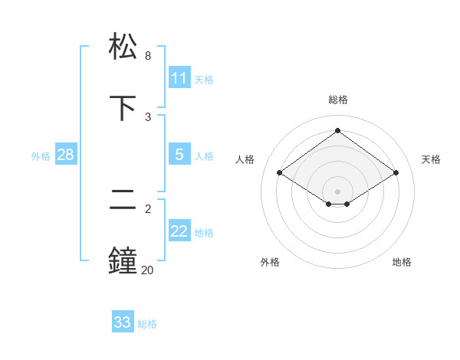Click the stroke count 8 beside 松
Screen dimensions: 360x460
pyautogui.click(x=148, y=56)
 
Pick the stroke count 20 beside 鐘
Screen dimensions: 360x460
pyautogui.click(x=146, y=270)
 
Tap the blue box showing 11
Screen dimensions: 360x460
pyautogui.click(x=179, y=78)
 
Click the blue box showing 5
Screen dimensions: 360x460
pyautogui.click(x=179, y=155)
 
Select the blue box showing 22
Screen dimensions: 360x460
pyautogui.click(x=179, y=231)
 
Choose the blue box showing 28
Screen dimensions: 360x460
pyautogui.click(x=66, y=155)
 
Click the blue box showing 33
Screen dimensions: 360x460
pyautogui.click(x=123, y=322)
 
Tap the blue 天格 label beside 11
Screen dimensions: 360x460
pyautogui.click(x=204, y=80)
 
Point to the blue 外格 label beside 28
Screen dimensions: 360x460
pyautogui.click(x=41, y=156)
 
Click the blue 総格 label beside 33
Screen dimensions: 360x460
pyautogui.click(x=147, y=324)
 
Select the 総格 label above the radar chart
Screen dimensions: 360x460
pyautogui.click(x=337, y=100)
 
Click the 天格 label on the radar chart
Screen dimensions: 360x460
pyautogui.click(x=431, y=159)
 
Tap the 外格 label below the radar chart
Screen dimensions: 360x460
pyautogui.click(x=270, y=262)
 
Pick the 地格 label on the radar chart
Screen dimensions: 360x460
pyautogui.click(x=402, y=262)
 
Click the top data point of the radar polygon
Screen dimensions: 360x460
pyautogui.click(x=337, y=130)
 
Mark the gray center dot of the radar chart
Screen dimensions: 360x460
pyautogui.click(x=337, y=191)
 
